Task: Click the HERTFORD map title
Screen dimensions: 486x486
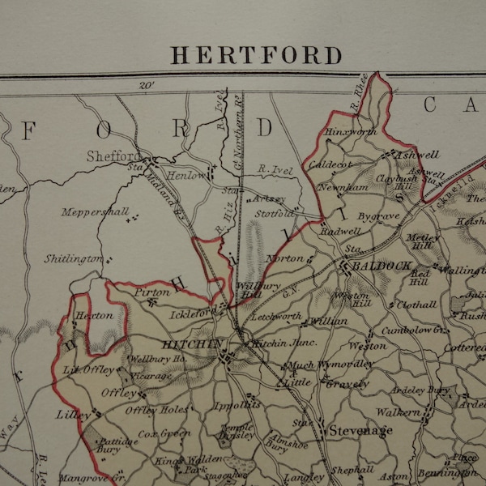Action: (x=256, y=55)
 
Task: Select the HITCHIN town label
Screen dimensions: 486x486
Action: (x=191, y=344)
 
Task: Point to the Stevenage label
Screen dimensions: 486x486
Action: (x=360, y=430)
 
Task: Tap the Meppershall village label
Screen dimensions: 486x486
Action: (x=94, y=212)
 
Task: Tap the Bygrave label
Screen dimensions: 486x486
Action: (x=379, y=217)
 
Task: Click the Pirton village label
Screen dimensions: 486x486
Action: (x=152, y=292)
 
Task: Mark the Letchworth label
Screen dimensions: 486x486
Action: (x=278, y=316)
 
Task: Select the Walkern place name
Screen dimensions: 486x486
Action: (x=399, y=412)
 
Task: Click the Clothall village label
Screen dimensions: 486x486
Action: (x=417, y=305)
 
